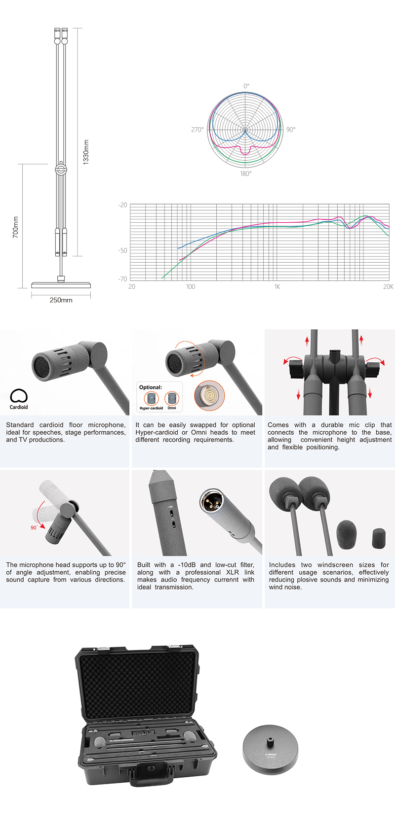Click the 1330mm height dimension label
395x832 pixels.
86,152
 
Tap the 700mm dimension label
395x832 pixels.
15,227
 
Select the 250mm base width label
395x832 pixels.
61,300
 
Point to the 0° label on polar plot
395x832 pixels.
246,86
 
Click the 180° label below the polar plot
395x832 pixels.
246,173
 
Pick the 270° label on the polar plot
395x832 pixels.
197,130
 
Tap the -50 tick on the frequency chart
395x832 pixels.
122,250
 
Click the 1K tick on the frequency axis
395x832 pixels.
277,287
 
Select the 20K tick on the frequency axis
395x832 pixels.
388,287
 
